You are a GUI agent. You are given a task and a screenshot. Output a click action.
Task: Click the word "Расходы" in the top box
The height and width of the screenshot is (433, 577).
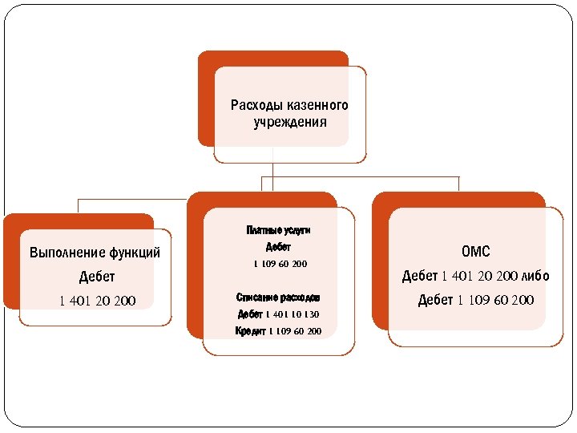click(x=254, y=106)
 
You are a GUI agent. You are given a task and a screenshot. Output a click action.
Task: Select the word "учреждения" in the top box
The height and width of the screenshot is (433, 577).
click(x=289, y=123)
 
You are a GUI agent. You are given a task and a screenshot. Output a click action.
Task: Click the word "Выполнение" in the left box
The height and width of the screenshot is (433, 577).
click(x=65, y=253)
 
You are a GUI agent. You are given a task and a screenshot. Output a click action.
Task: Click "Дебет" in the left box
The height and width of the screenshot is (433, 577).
click(x=97, y=277)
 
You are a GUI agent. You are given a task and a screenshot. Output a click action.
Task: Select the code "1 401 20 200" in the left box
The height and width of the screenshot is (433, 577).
click(x=97, y=301)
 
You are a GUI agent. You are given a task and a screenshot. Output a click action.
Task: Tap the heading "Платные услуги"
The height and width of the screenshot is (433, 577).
click(x=278, y=230)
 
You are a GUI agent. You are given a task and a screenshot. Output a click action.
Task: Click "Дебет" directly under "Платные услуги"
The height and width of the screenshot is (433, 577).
click(x=278, y=247)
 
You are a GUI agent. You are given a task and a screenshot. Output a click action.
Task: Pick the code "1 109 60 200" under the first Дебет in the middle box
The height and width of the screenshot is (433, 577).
click(x=280, y=264)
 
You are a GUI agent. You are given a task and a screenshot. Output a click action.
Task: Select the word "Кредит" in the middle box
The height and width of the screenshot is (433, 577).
click(x=250, y=331)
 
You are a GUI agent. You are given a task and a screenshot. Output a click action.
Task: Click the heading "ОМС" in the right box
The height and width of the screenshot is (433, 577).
click(x=475, y=253)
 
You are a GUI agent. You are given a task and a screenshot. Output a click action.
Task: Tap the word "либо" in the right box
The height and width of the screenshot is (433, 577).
click(x=532, y=277)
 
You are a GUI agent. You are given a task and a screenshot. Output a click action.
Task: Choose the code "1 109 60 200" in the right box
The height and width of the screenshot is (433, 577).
click(x=495, y=301)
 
